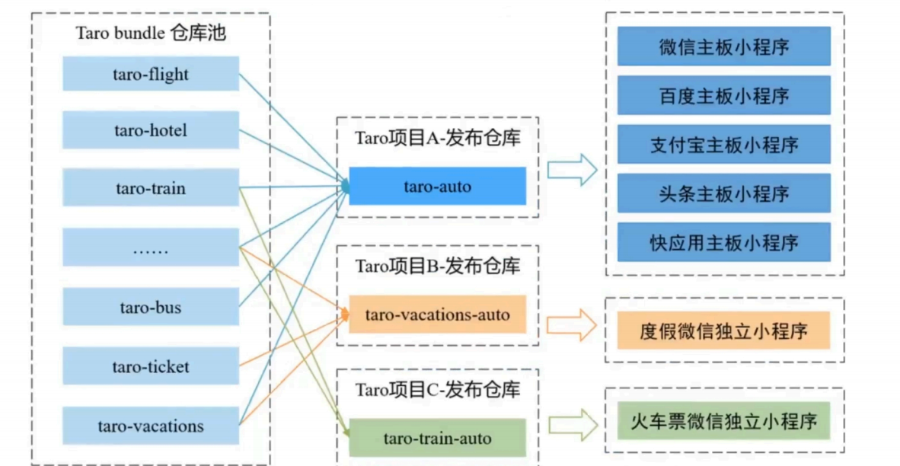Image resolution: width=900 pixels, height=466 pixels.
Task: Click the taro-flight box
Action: point(151,74)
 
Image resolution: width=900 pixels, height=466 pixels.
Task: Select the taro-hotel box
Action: point(151,130)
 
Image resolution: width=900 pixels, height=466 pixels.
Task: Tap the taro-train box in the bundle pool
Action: point(151,188)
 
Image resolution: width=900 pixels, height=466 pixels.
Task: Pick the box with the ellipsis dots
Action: point(151,247)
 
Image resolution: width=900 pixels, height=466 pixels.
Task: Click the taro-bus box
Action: point(151,307)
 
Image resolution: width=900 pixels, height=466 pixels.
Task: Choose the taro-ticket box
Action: point(151,366)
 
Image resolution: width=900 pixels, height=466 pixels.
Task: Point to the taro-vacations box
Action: point(151,426)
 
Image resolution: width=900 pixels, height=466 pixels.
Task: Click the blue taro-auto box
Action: point(437,186)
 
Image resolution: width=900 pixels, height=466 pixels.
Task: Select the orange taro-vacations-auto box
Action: point(437,314)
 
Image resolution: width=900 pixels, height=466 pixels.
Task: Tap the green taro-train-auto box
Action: point(437,438)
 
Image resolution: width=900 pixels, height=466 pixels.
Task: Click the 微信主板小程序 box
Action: point(723,46)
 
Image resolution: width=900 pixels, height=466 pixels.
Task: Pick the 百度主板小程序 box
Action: point(723,95)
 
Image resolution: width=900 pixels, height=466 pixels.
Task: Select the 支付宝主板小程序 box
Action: point(723,144)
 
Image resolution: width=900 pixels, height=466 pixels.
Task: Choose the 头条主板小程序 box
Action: point(723,193)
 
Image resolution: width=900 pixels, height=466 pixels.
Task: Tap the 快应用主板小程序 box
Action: point(723,242)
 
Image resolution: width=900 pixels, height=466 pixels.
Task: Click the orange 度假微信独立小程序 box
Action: point(723,330)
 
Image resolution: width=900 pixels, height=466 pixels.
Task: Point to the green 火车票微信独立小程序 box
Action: point(723,420)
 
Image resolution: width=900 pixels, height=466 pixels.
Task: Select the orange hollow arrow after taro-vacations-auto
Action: point(573,325)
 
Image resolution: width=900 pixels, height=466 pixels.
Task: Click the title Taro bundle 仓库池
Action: point(151,34)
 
